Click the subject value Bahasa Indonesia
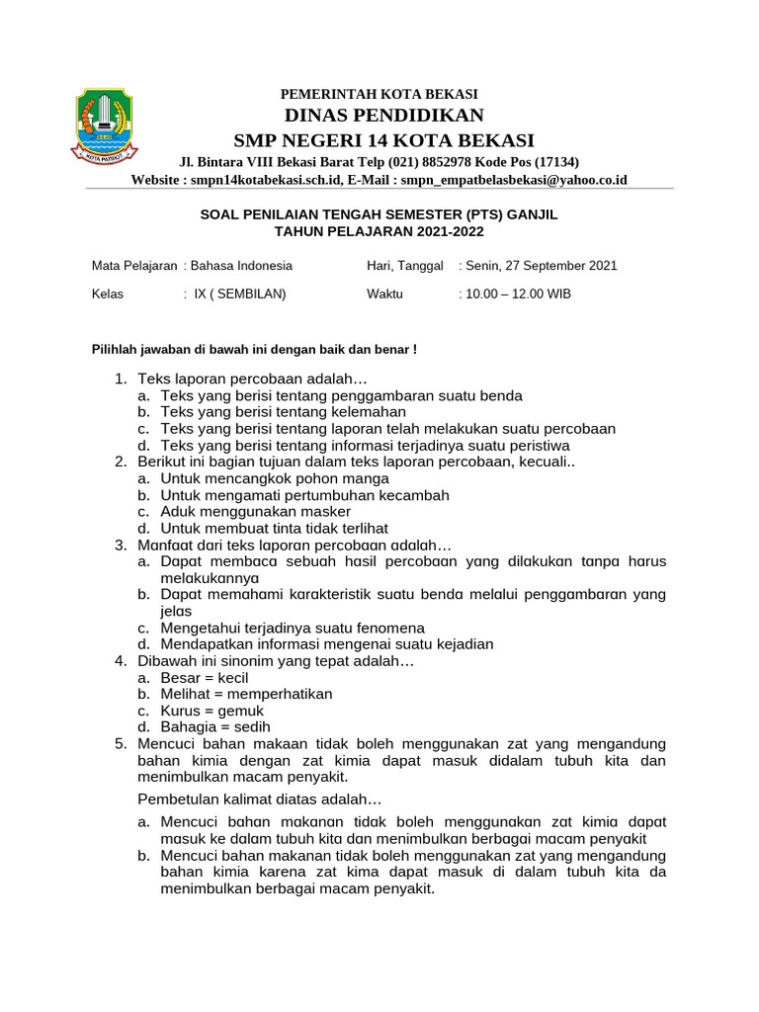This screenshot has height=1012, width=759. [x=241, y=266]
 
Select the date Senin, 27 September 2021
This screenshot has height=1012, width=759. [x=541, y=266]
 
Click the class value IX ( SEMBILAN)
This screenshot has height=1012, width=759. [x=240, y=295]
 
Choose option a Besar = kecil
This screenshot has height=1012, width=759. [x=204, y=678]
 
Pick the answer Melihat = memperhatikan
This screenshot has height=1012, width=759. [x=246, y=694]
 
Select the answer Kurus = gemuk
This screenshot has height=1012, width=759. [x=211, y=711]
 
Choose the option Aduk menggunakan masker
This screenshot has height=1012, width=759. [x=255, y=512]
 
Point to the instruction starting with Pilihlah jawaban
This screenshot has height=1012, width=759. [x=254, y=350]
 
